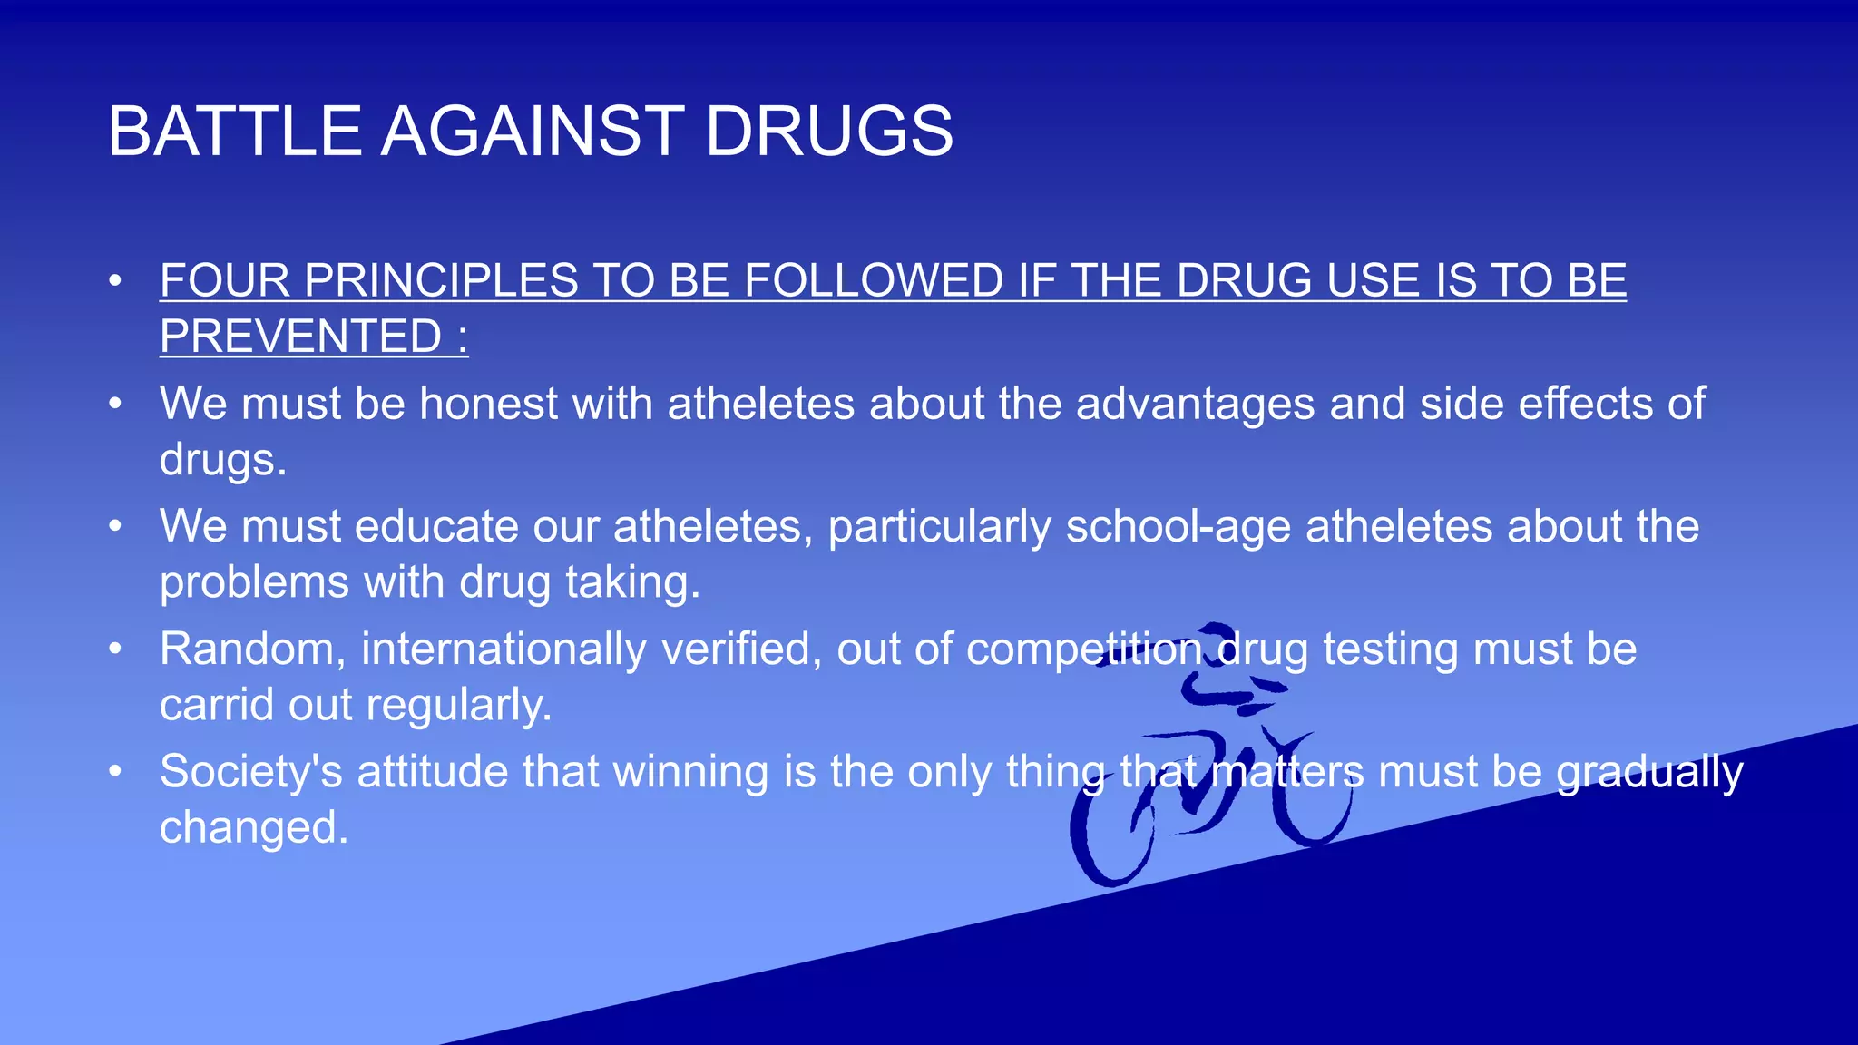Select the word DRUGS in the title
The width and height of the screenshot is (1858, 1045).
(x=828, y=132)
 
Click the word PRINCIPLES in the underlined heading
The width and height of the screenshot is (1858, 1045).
(x=441, y=280)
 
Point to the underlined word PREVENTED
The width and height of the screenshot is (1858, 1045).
(x=300, y=337)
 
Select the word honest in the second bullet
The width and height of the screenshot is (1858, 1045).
(x=488, y=404)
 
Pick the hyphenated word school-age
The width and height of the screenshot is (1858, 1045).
(x=1178, y=526)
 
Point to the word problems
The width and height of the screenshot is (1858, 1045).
(x=254, y=582)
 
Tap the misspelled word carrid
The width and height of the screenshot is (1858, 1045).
(x=217, y=705)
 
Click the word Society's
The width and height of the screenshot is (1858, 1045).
(x=251, y=772)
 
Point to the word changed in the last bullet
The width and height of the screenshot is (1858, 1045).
(x=253, y=827)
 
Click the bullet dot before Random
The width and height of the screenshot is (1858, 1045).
(x=114, y=649)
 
